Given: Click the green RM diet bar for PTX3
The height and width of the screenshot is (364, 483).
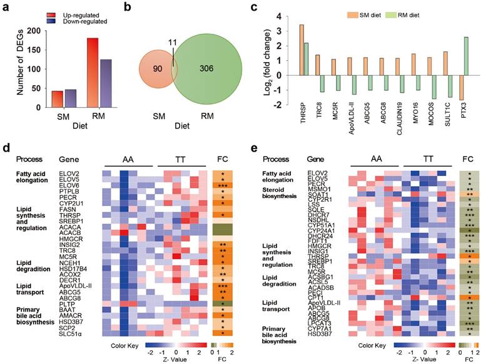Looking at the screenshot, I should click(465, 56).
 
